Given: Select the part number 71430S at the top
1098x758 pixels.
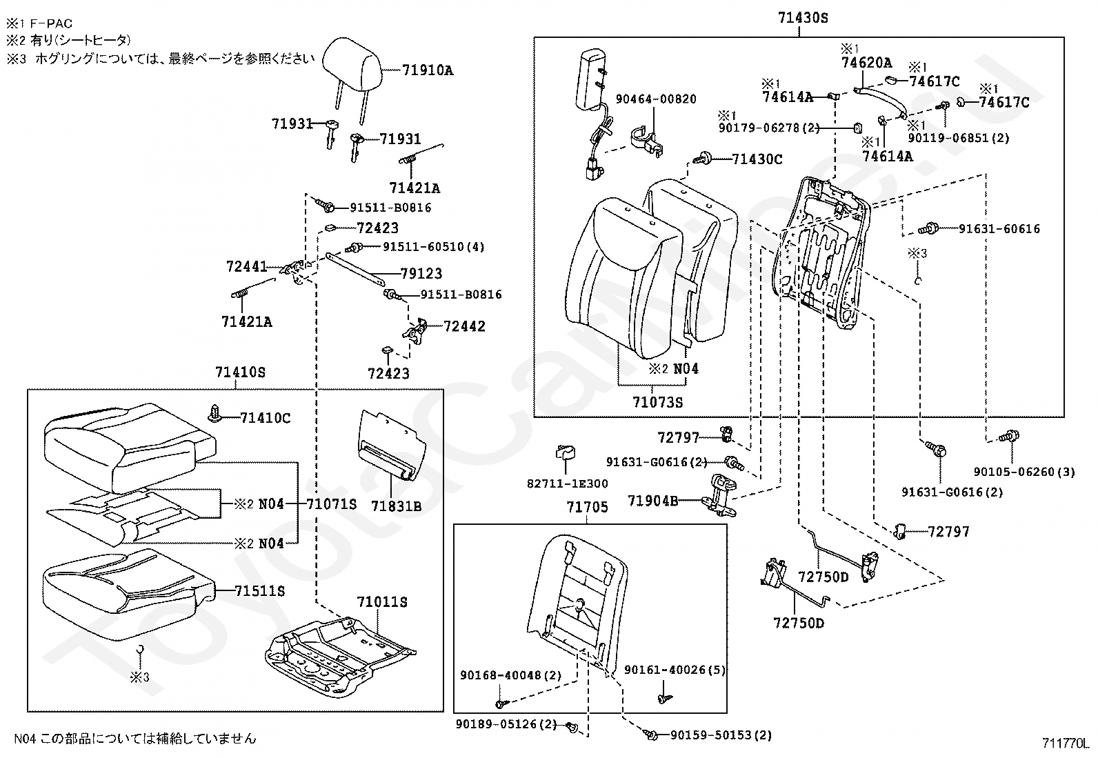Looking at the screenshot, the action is tap(803, 18).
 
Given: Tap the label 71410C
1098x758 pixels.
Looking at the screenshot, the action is tap(265, 418).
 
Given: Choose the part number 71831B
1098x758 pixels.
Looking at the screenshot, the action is tap(396, 506).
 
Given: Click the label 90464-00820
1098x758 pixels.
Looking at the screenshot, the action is tap(656, 99).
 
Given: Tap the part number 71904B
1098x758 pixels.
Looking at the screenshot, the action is tap(653, 501).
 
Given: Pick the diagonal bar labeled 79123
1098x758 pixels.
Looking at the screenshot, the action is tap(355, 269).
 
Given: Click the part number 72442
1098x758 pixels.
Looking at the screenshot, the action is tap(464, 326).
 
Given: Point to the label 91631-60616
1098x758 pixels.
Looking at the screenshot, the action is tap(999, 228).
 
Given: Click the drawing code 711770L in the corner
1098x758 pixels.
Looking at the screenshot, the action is tap(1065, 744).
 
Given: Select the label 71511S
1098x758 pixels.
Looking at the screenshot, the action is tap(259, 591).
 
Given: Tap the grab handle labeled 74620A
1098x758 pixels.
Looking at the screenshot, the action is tap(880, 101).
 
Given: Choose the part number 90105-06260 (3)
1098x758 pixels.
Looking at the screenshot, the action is tap(1024, 472).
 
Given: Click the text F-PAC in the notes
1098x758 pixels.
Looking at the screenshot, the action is tap(52, 23).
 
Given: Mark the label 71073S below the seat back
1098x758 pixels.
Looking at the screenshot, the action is tap(657, 403).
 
